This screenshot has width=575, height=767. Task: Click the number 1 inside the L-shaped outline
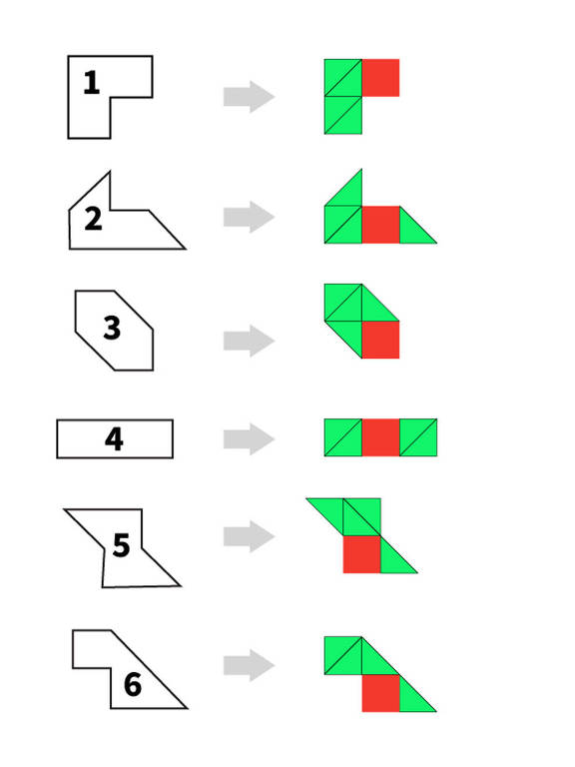point(92,82)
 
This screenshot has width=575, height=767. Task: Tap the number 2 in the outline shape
point(93,218)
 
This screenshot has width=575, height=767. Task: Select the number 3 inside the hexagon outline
point(112,328)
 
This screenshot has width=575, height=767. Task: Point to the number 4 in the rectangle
point(114,438)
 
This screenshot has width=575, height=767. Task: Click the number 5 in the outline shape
point(121,545)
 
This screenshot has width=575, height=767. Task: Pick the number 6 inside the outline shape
point(133,684)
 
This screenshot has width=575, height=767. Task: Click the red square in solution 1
point(381,78)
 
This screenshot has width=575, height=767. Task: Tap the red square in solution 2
point(381,225)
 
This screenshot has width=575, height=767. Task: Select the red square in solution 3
point(381,340)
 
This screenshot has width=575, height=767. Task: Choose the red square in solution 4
point(381,437)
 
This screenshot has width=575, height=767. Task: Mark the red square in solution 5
point(361,554)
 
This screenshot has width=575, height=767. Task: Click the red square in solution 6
point(381,693)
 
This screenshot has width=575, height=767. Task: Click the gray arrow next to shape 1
point(249,96)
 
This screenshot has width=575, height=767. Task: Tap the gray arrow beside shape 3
point(249,341)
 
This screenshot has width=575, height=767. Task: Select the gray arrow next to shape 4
point(249,438)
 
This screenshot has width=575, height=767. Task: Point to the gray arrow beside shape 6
point(249,665)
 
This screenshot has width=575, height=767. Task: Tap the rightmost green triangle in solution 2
point(412,231)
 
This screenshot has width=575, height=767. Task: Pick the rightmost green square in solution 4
point(418,437)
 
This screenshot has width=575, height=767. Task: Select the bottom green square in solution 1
point(343,116)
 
